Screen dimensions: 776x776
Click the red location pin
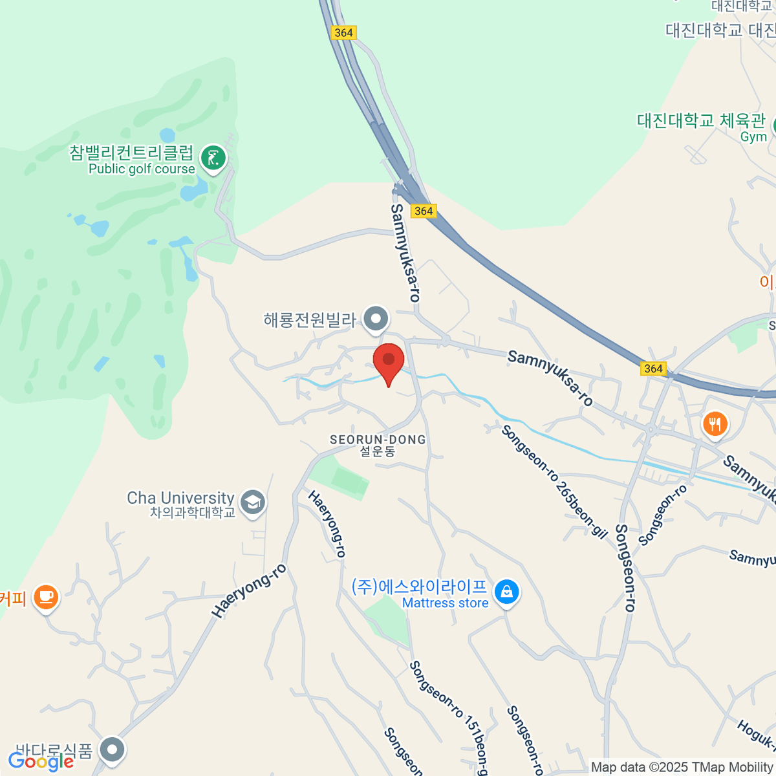click(389, 361)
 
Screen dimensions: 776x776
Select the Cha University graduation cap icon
click(252, 502)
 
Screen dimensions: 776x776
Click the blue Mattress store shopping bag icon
click(506, 592)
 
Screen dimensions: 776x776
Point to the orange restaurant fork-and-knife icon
click(715, 425)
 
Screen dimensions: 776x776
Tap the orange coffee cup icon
click(45, 596)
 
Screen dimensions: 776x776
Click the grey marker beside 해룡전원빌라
click(375, 319)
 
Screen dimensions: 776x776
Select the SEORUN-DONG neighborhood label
click(378, 440)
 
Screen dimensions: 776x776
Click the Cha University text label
click(180, 498)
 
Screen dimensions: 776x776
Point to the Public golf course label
click(142, 169)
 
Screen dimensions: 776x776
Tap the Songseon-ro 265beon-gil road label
click(554, 481)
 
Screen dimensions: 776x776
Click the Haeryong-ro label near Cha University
click(249, 591)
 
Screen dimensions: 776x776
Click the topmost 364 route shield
click(343, 32)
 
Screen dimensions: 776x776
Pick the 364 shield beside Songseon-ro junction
click(653, 369)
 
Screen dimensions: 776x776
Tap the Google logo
click(41, 761)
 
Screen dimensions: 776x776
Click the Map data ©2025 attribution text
click(682, 768)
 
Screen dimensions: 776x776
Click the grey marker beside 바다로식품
click(113, 750)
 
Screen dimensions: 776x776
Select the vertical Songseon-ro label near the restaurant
click(625, 567)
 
